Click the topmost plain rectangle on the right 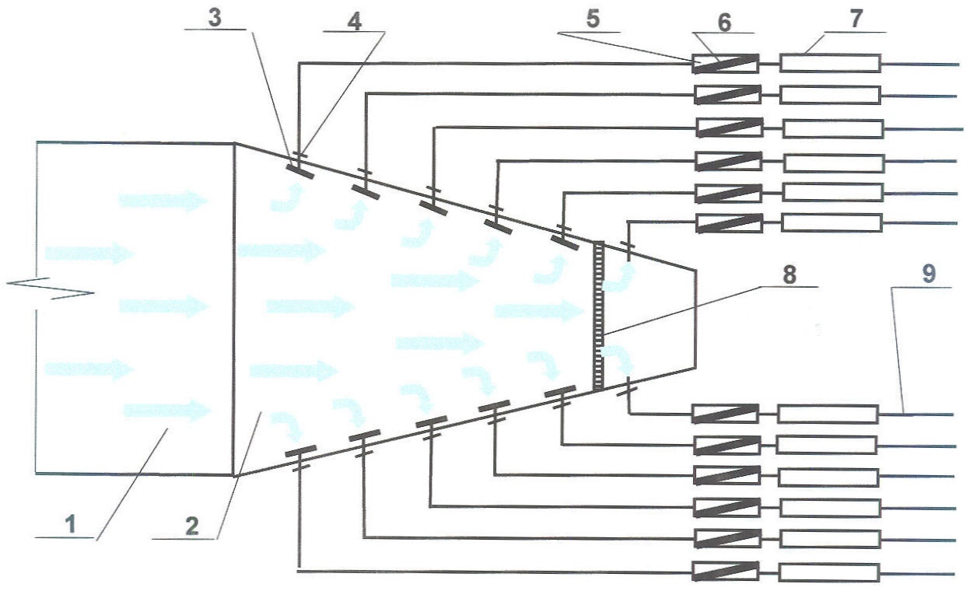(830, 63)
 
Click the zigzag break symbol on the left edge (50, 289)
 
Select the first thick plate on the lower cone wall (300, 451)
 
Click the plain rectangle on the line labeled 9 (827, 414)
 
